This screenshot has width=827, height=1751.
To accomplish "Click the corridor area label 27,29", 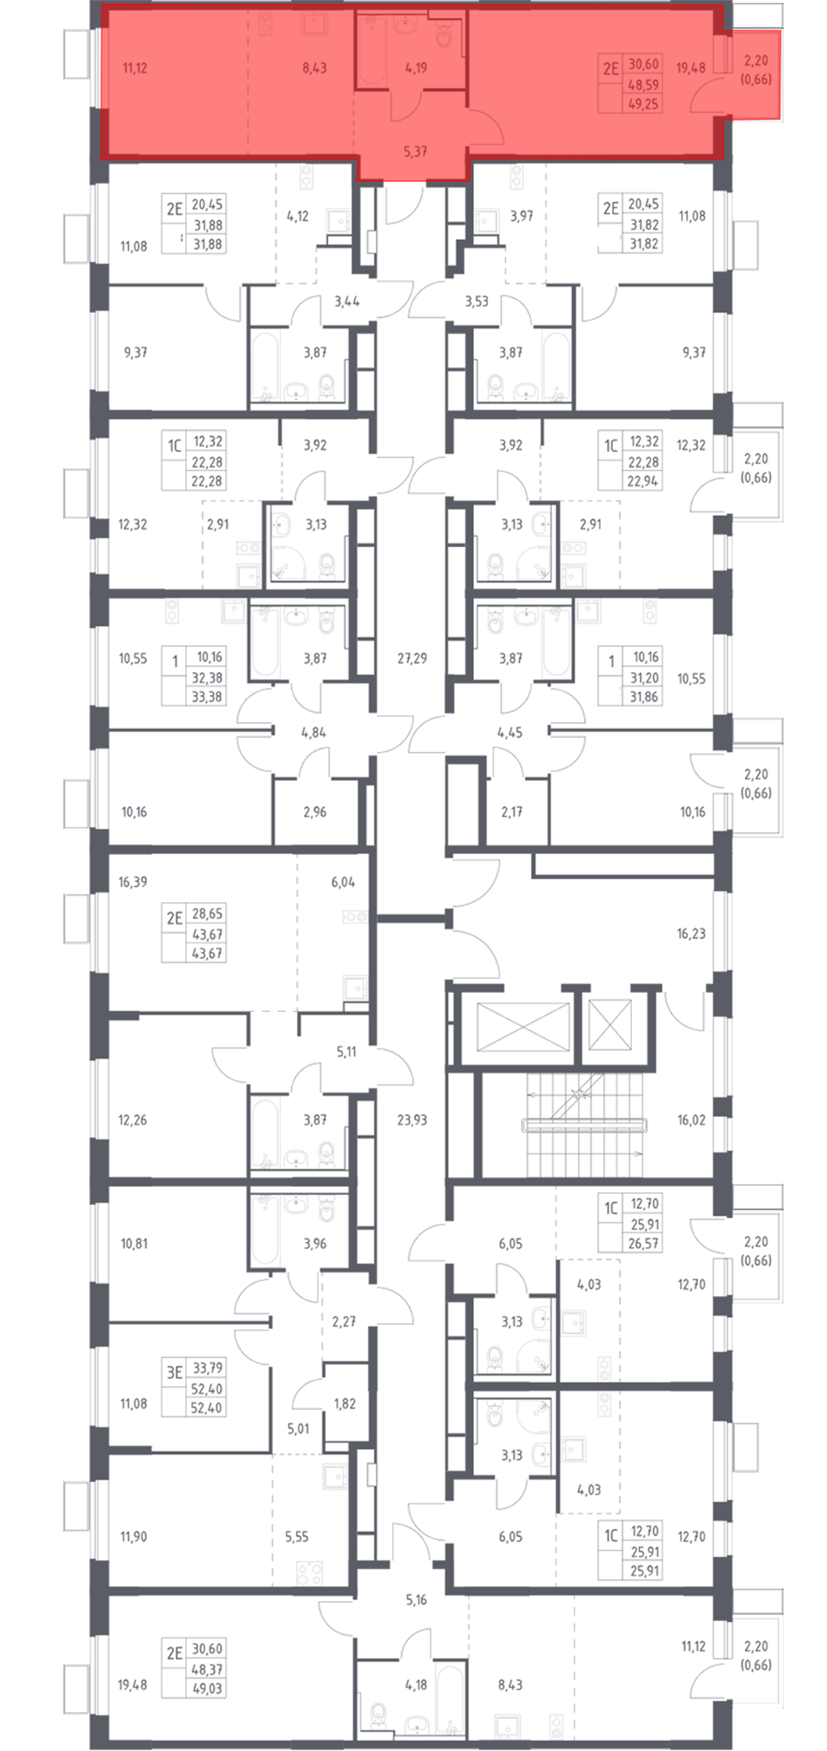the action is (412, 658).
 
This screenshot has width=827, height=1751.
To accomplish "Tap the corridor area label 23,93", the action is (412, 1120).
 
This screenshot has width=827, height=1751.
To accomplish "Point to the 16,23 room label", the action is (691, 933).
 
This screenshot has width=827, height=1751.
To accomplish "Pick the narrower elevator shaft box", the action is (609, 1024).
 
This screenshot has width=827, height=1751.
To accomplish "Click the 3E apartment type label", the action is (174, 1372).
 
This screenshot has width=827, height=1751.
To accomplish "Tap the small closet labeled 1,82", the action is (344, 1403).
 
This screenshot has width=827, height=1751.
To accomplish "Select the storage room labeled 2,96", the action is (315, 812).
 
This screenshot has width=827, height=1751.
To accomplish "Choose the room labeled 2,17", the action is (512, 812).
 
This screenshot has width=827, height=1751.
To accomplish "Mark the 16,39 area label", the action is (133, 882).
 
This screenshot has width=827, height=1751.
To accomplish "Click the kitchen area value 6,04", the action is (343, 882).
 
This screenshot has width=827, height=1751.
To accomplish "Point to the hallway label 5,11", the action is (347, 1052).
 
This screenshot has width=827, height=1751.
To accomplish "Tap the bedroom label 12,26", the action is (133, 1120).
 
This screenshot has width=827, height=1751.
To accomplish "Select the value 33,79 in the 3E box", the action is (207, 1369).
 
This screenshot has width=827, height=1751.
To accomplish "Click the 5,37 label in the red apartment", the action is (415, 152).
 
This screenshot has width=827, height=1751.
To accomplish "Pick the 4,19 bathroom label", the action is (416, 68).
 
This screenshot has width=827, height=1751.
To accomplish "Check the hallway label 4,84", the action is (313, 732).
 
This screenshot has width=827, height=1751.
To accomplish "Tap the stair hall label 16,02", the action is (691, 1120).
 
